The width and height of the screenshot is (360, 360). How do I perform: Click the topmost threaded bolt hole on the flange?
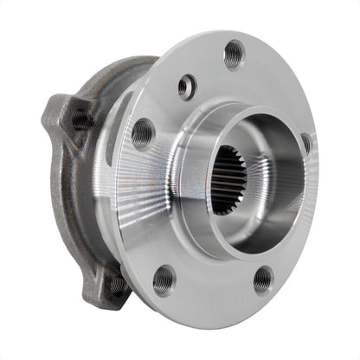pyautogui.click(x=234, y=55)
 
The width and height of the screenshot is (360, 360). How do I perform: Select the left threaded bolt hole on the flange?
pyautogui.click(x=143, y=133)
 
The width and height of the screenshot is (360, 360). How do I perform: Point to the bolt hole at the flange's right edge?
pyautogui.click(x=306, y=144)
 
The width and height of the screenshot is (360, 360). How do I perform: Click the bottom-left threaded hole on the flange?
pyautogui.click(x=164, y=279)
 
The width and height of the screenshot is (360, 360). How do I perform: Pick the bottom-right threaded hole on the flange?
pyautogui.click(x=263, y=279)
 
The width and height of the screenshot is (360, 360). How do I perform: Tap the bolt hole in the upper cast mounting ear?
pyautogui.click(x=80, y=118)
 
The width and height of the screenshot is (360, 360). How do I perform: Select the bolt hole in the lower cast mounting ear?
pyautogui.click(x=113, y=282)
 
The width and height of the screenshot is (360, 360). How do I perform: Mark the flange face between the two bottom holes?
pyautogui.click(x=214, y=286)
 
